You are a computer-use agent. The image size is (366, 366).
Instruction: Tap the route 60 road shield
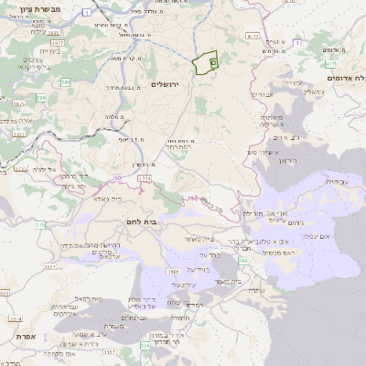point(117,176)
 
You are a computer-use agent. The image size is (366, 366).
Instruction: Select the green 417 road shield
point(330,65)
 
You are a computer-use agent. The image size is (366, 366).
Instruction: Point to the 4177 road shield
point(253,37)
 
